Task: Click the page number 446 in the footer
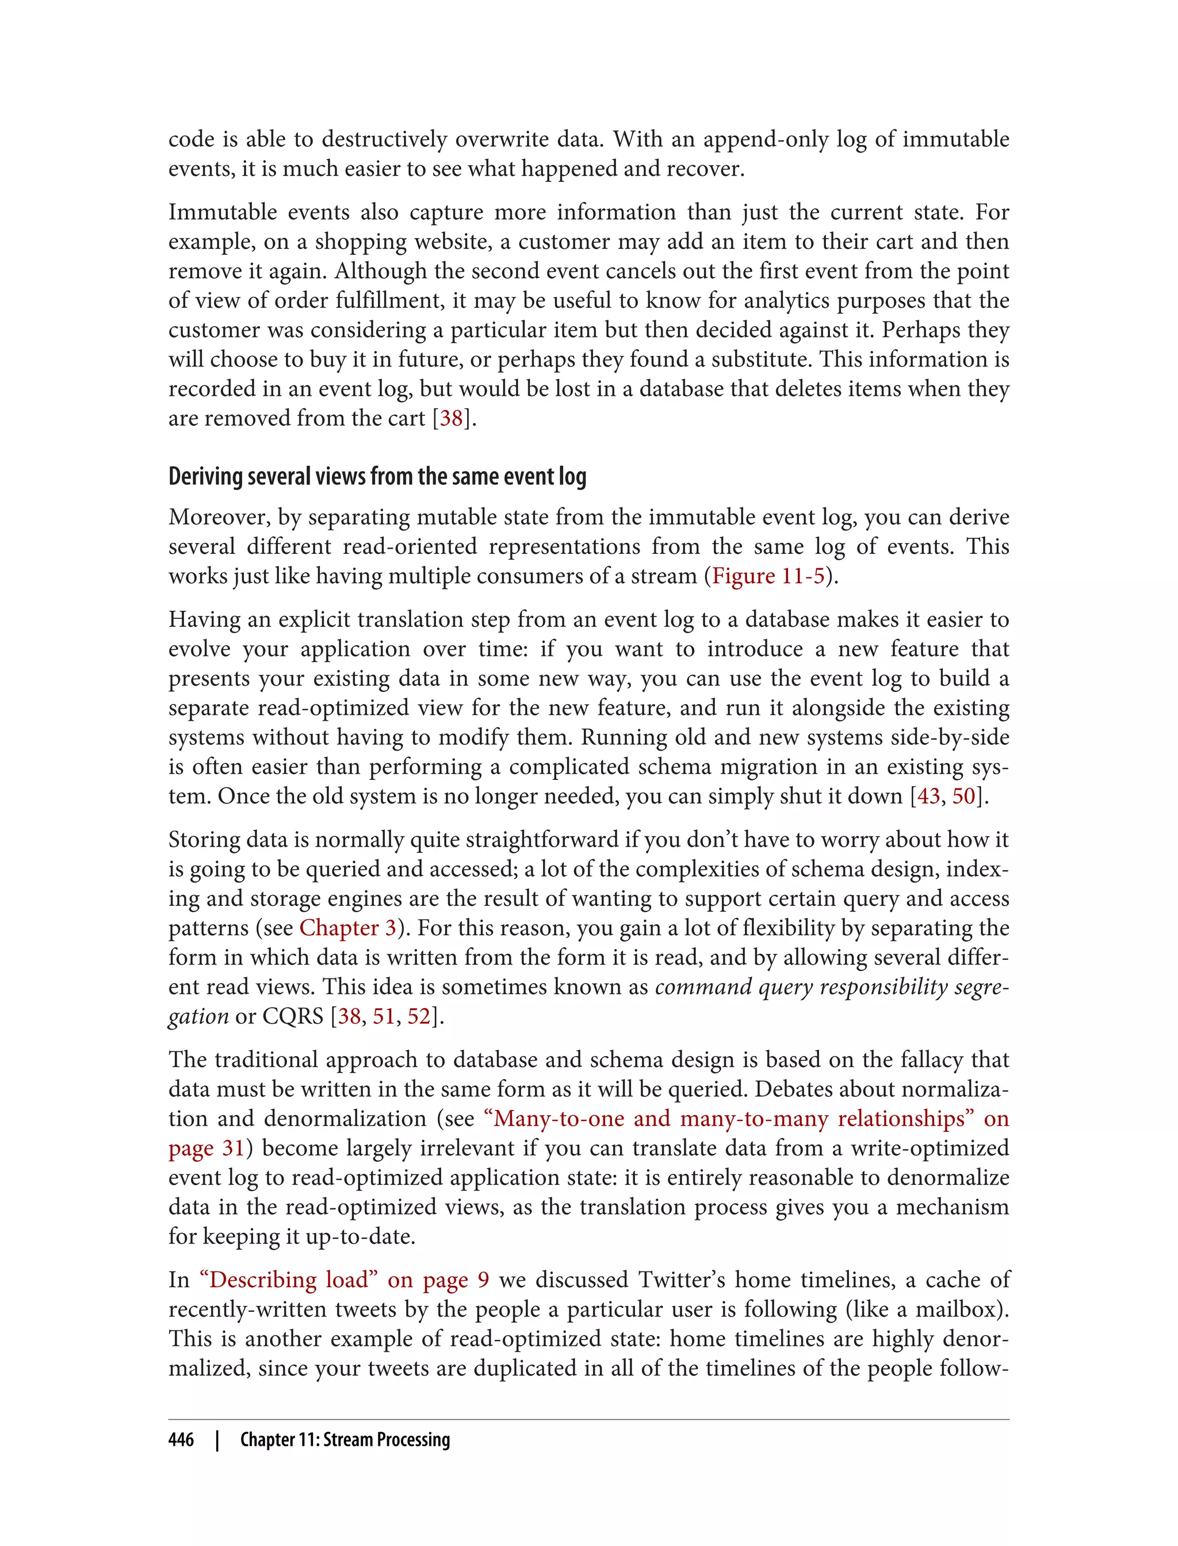(x=181, y=1440)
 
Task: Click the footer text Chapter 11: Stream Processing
(x=345, y=1440)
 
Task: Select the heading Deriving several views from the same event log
(x=377, y=477)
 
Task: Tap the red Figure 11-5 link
(x=768, y=576)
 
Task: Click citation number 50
(x=964, y=796)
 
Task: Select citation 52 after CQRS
(x=419, y=1016)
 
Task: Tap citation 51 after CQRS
(x=384, y=1016)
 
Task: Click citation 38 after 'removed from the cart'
(x=452, y=418)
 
